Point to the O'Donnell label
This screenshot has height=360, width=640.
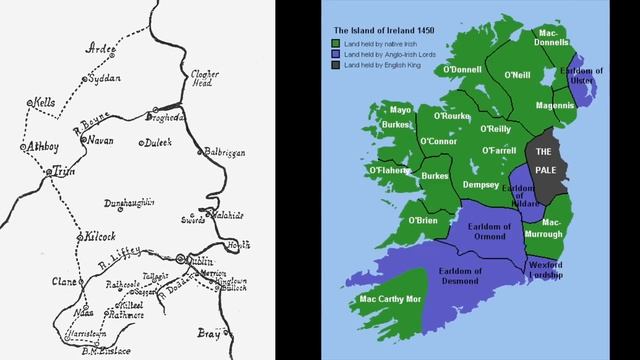click(459, 69)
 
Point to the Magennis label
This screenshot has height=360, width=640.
click(555, 104)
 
